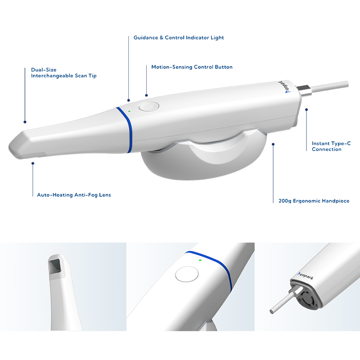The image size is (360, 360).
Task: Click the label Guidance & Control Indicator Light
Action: click(x=179, y=38)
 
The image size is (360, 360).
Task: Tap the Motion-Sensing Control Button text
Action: click(x=192, y=67)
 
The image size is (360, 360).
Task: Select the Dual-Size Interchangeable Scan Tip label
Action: click(x=64, y=73)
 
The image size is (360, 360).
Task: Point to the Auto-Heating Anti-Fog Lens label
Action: click(x=74, y=195)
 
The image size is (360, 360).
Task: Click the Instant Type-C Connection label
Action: click(x=331, y=146)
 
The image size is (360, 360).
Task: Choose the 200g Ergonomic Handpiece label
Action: click(x=314, y=201)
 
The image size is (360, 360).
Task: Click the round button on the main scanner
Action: click(x=149, y=107)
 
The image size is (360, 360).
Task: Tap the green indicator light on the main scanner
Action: click(x=129, y=111)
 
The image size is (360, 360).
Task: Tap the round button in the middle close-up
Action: click(x=187, y=274)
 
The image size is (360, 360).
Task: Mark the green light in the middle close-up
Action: click(x=200, y=261)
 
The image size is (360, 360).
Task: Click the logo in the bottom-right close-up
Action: click(x=306, y=276)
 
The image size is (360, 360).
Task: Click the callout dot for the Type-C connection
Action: click(x=306, y=110)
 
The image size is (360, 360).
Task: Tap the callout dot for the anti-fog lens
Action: click(x=33, y=163)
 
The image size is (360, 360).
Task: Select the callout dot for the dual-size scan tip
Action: click(x=25, y=122)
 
